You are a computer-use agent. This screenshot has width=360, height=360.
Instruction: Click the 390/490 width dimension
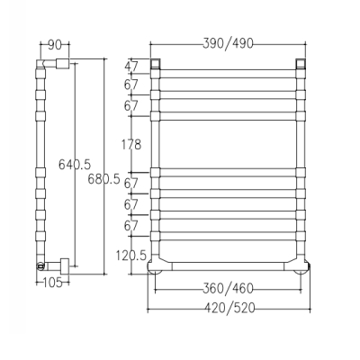[228, 44]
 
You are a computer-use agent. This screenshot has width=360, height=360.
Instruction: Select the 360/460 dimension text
[228, 289]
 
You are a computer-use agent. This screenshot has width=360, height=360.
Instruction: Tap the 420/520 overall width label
[229, 308]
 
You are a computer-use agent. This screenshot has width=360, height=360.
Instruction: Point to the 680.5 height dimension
[103, 179]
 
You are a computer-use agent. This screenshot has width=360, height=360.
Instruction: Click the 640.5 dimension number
[75, 164]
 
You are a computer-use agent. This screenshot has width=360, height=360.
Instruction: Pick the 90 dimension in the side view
[55, 45]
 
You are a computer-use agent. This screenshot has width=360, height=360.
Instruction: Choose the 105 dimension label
[53, 283]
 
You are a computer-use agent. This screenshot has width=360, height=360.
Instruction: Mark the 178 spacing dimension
[131, 145]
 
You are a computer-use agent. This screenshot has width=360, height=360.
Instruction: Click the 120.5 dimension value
[131, 256]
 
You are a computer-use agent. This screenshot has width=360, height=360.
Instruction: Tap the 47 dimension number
[131, 67]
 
